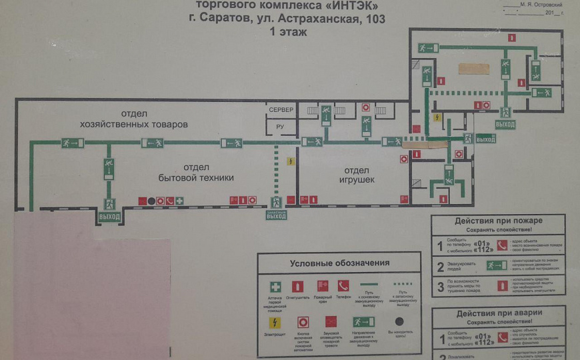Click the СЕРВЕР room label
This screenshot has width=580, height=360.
pyautogui.click(x=281, y=109)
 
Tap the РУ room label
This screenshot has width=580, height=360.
pyautogui.click(x=281, y=127)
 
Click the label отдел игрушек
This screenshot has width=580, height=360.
pyautogui.click(x=353, y=175)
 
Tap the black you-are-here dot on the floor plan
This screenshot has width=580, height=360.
pyautogui.click(x=151, y=201)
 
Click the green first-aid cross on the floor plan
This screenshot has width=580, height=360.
pyautogui.click(x=179, y=201)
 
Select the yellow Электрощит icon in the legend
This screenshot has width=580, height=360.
pyautogui.click(x=275, y=322)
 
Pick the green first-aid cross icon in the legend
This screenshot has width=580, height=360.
pyautogui.click(x=275, y=286)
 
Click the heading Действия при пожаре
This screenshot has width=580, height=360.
pyautogui.click(x=499, y=221)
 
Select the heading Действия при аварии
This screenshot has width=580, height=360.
pyautogui.click(x=499, y=313)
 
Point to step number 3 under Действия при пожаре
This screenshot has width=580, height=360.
pyautogui.click(x=439, y=288)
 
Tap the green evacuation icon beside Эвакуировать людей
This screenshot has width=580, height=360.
pyautogui.click(x=497, y=265)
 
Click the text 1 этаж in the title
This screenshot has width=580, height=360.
pyautogui.click(x=289, y=31)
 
